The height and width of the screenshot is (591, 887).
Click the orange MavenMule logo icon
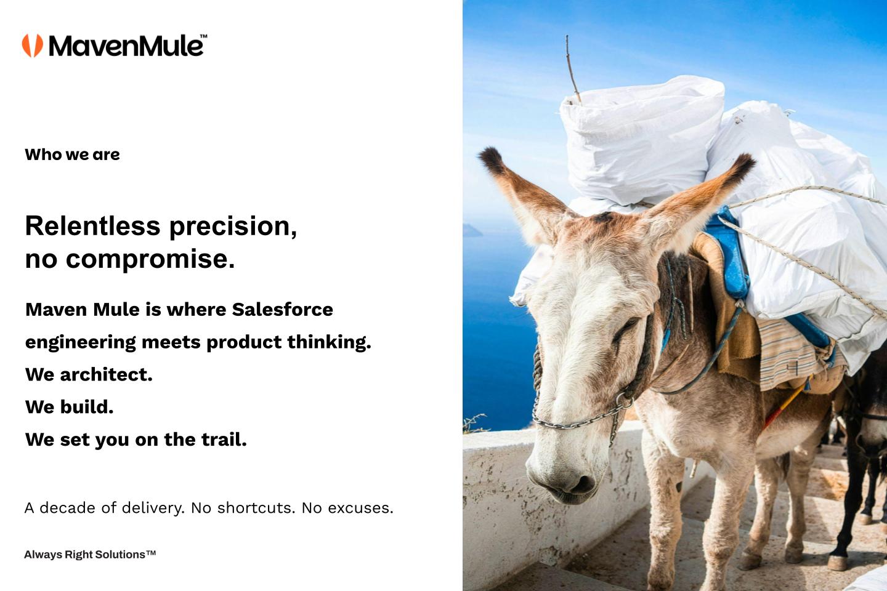pos(33,46)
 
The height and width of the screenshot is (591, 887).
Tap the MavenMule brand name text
pos(126,46)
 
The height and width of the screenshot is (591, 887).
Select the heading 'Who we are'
pos(72,155)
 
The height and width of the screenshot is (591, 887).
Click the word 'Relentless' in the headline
pos(92,226)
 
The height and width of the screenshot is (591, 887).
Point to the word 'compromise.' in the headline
pos(150,259)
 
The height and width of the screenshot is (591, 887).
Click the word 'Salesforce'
pos(282,310)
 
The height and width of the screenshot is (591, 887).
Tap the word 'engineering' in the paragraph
pos(80,343)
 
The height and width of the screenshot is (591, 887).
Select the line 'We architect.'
pos(89,374)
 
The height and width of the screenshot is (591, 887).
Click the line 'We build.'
pos(69,407)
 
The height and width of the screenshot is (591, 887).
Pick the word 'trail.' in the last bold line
pos(225,440)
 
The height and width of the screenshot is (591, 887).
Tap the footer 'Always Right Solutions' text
pos(90,555)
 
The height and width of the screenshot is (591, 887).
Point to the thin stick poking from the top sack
pos(573,70)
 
